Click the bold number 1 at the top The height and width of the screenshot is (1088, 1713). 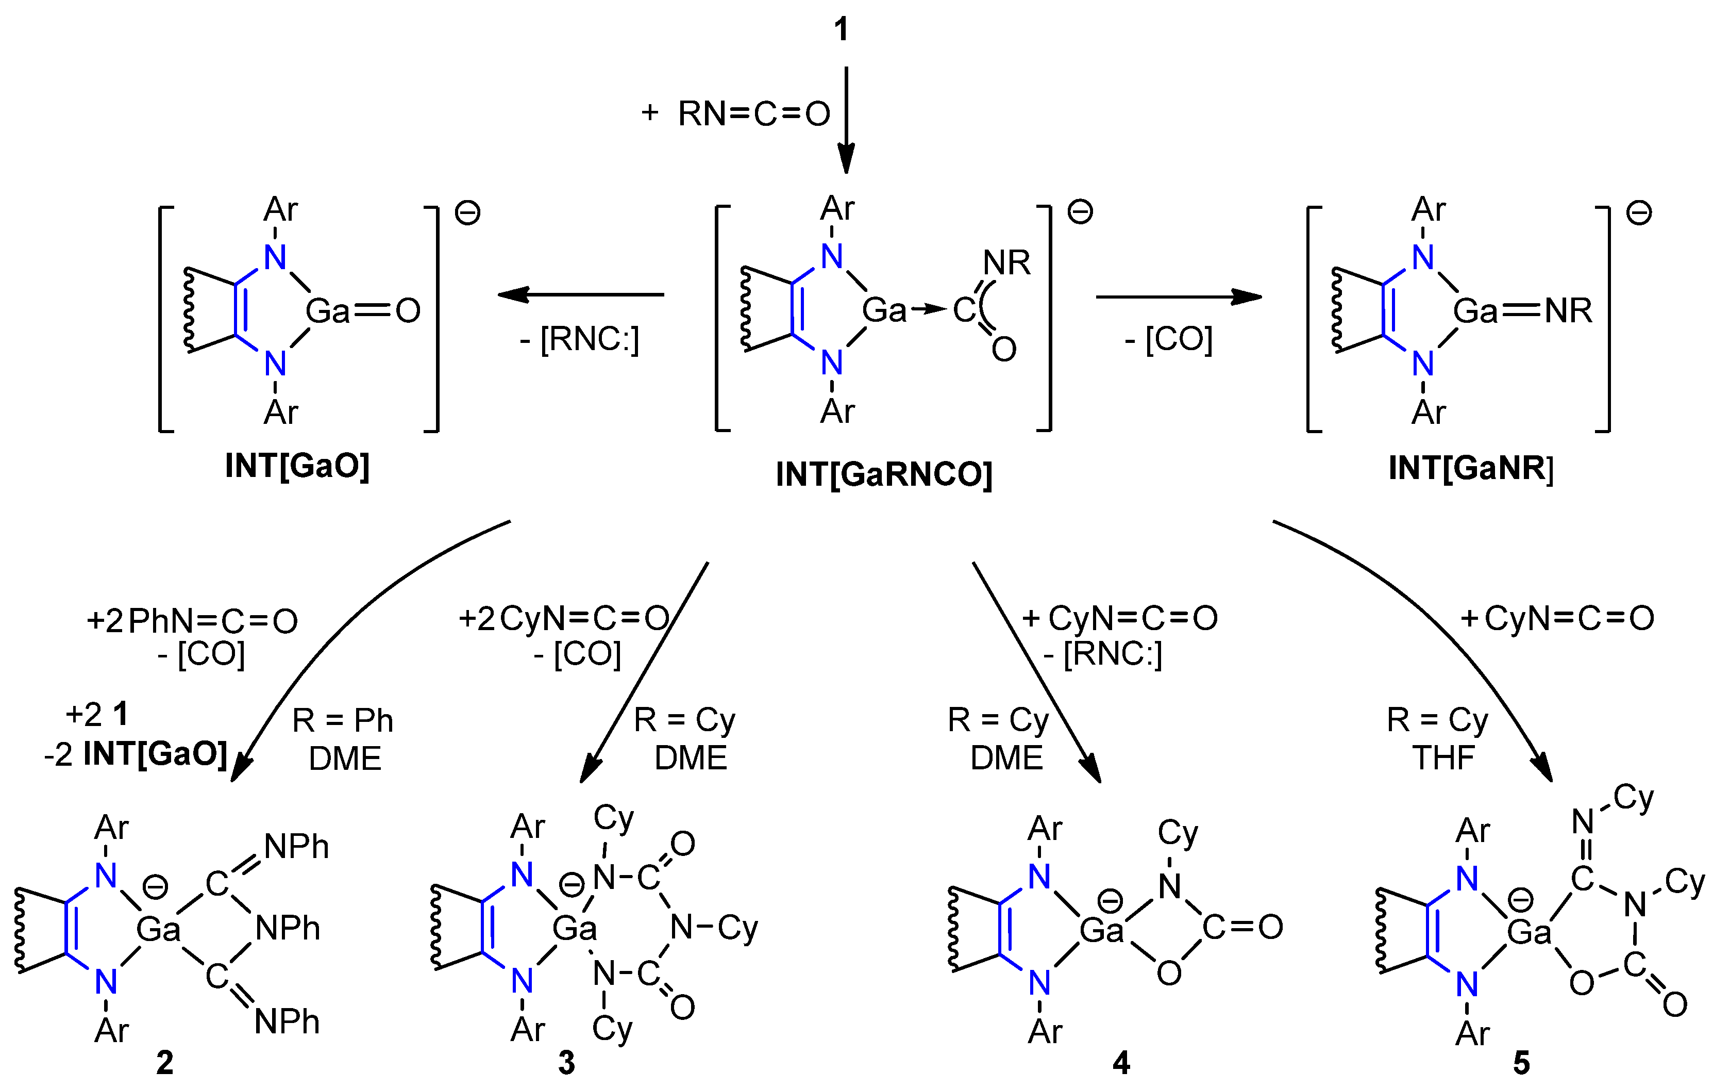click(x=842, y=29)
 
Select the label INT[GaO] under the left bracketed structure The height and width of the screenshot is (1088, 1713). click(x=297, y=467)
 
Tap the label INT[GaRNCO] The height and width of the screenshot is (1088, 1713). click(x=883, y=474)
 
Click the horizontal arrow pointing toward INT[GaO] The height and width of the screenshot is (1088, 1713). click(x=580, y=294)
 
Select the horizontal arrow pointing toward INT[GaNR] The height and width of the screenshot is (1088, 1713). click(x=1178, y=296)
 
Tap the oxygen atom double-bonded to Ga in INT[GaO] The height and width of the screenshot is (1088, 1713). click(x=408, y=311)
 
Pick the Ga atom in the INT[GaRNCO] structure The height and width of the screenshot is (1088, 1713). click(x=884, y=310)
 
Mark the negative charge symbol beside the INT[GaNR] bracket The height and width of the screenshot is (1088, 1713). click(x=1639, y=213)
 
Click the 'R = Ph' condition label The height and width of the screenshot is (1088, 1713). click(x=342, y=721)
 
